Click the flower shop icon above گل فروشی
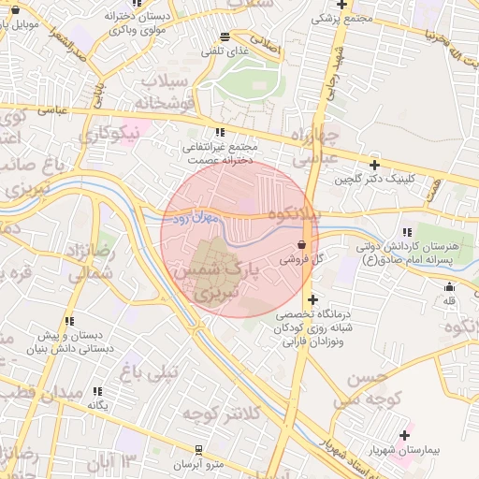[x=299, y=243]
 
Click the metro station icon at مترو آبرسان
[x=197, y=450]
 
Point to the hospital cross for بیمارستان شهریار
[x=405, y=435]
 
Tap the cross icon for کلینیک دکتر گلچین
[x=374, y=164]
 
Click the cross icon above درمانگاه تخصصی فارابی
[x=312, y=298]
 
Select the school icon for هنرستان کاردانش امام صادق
[x=405, y=233]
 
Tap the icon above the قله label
[x=449, y=287]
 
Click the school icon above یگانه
[x=98, y=391]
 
